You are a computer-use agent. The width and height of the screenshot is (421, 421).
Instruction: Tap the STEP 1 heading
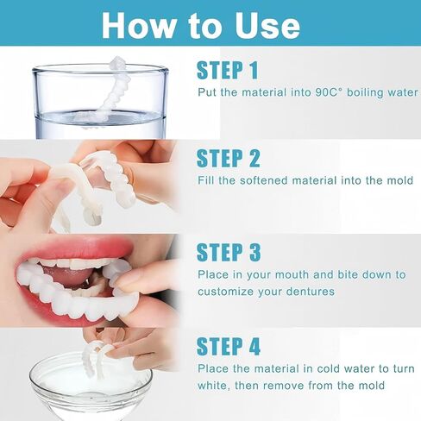coord(228,70)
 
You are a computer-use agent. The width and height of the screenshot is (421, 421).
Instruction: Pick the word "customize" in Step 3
coord(225,292)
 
